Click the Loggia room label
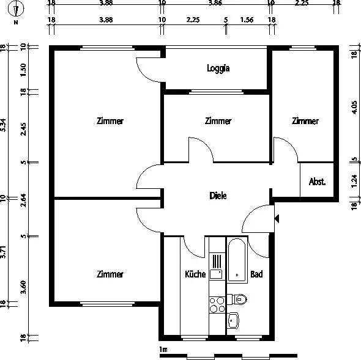point(218,68)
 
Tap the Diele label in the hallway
point(218,196)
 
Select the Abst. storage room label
point(317,182)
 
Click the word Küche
point(195,274)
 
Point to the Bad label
point(256,274)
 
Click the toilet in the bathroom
point(237,299)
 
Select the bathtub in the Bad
point(237,260)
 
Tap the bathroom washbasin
point(233,320)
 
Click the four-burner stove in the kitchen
point(217,304)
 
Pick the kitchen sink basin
point(216,274)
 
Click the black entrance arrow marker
point(277,218)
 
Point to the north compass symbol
point(16,9)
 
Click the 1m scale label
point(163,350)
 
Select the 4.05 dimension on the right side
point(354,107)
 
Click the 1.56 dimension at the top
point(247,20)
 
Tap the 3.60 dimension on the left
point(23,287)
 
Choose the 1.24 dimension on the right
point(354,182)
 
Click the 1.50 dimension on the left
point(23,70)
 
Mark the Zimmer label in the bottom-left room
point(110,274)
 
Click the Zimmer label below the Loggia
point(218,121)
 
